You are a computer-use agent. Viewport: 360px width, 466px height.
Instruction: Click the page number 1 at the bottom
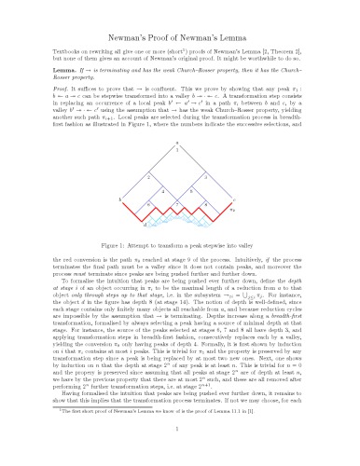pyautogui.click(x=179, y=454)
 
